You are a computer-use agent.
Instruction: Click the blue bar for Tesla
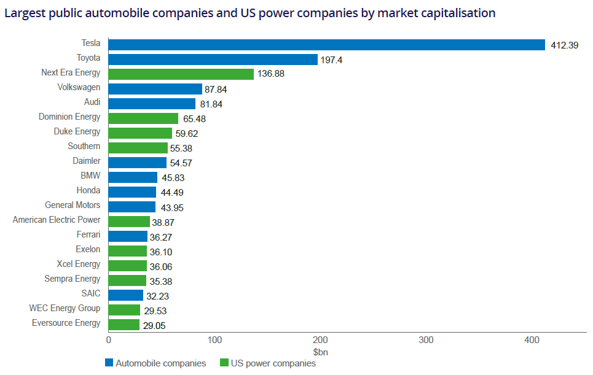point(326,45)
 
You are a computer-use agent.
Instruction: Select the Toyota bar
point(213,60)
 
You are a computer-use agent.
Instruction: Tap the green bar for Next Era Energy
point(181,74)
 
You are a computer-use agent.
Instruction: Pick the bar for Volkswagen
point(155,89)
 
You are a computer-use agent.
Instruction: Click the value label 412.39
point(564,45)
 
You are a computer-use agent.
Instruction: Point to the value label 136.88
point(271,74)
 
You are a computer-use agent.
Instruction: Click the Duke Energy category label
point(77,131)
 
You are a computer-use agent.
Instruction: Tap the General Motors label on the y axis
point(73,205)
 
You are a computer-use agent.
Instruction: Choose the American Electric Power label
point(57,220)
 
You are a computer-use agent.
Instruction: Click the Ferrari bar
point(128,236)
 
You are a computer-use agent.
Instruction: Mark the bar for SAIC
point(125,295)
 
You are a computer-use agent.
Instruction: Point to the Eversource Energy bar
point(124,325)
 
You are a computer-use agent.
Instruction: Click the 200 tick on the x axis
point(320,340)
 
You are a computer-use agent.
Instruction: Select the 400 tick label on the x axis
point(532,340)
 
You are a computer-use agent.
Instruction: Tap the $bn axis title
point(320,352)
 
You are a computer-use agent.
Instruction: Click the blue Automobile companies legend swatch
point(109,363)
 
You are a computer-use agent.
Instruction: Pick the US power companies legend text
point(273,363)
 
